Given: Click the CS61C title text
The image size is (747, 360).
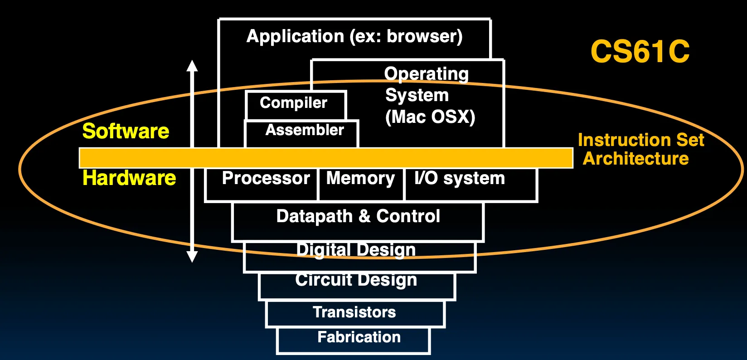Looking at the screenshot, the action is coord(640,51).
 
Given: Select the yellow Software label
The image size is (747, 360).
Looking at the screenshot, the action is coord(126,131).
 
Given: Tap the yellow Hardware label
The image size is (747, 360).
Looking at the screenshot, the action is coord(129,178).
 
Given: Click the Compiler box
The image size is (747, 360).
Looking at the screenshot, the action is coord(296,105).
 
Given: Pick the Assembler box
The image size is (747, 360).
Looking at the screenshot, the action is coord(301,133).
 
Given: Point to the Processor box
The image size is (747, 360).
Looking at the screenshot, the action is coord(262,185).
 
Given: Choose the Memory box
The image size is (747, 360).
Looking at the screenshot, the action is coord(361,185).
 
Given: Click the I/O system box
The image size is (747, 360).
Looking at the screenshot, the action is coord(471,185).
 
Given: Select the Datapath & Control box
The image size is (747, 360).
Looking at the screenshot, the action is coord(358,222).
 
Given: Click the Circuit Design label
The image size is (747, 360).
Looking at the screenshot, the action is coord(356,280).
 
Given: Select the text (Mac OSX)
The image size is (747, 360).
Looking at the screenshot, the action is coord(430,117).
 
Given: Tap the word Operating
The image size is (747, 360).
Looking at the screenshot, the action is coord(427,74).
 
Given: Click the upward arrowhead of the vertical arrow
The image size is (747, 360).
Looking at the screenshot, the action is coord(192,66).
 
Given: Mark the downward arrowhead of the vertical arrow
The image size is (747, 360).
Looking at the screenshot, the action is coord(192,257).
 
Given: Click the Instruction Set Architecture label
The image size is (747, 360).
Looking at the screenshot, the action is coord(640,149).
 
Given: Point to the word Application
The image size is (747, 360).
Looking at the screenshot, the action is coord(295,36).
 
